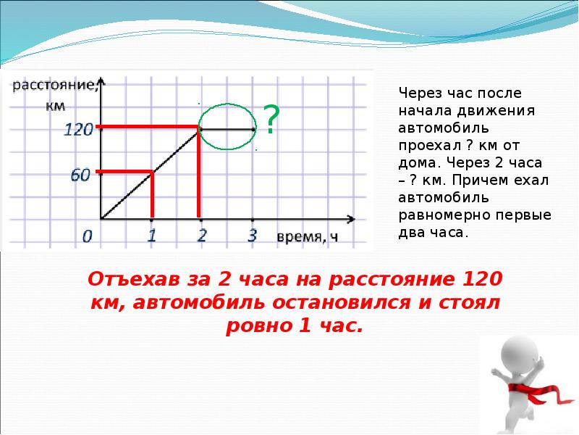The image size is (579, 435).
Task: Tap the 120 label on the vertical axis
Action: [78, 130]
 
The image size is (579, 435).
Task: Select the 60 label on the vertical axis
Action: [81, 175]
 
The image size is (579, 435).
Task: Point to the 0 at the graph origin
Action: [88, 236]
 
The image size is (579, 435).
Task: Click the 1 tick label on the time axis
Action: [152, 236]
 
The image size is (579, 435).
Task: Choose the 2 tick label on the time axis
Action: [201, 236]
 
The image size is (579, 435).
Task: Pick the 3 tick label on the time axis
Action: [252, 236]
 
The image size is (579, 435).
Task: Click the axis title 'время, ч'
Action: [307, 236]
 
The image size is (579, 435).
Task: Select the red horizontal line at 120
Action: [148, 128]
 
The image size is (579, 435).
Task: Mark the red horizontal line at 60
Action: [124, 172]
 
